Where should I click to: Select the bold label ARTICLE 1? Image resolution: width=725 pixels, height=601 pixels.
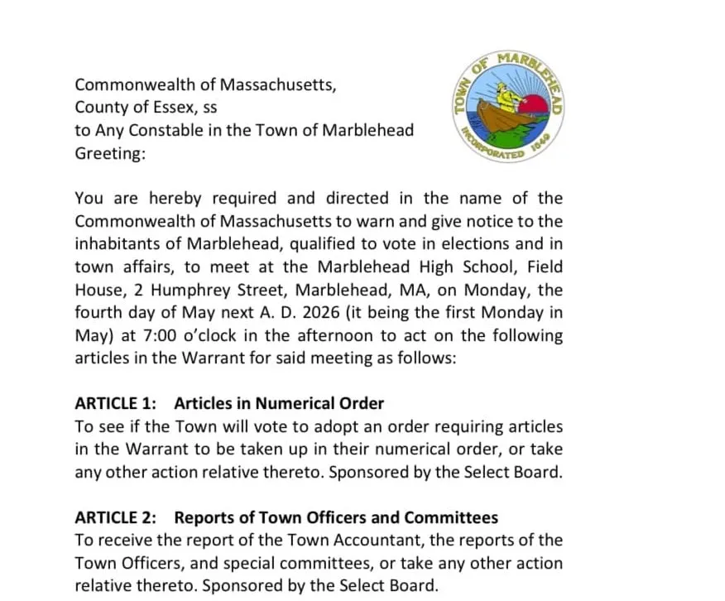pos(115,404)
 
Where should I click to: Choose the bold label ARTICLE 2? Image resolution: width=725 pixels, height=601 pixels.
pos(115,518)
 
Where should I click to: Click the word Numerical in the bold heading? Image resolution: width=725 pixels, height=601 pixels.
pos(295,404)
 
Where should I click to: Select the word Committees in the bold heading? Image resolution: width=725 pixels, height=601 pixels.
pos(451,518)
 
